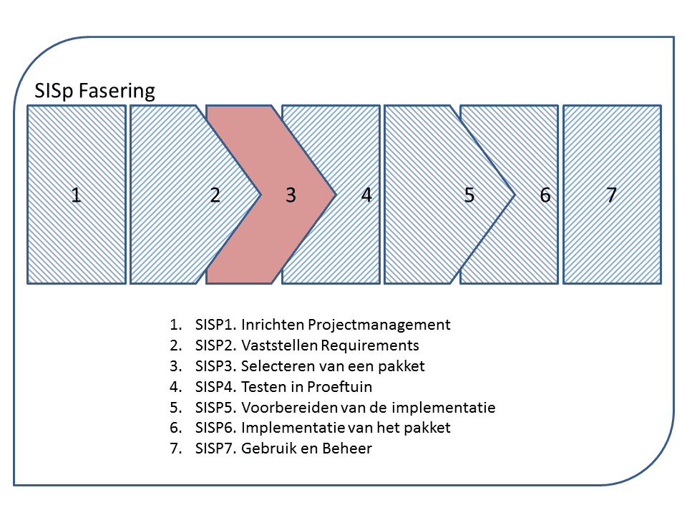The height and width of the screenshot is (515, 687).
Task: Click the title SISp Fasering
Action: [x=94, y=91]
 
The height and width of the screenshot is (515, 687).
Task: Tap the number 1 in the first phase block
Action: [x=76, y=195]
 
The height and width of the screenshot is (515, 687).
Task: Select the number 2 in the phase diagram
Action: [x=215, y=195]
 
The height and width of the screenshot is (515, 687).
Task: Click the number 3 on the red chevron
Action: [x=291, y=195]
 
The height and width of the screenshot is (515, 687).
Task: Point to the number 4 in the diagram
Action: [x=366, y=195]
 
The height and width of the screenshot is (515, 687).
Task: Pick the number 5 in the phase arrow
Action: [x=469, y=195]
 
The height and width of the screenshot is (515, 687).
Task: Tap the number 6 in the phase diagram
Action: [x=545, y=195]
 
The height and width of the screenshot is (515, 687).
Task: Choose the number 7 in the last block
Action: [x=611, y=195]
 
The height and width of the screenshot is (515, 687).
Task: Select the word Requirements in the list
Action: [x=370, y=345]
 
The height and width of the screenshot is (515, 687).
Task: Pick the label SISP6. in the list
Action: [x=215, y=428]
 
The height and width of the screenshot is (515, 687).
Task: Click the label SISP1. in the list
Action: [x=215, y=325]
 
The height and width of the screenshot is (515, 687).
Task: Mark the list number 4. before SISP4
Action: [x=176, y=387]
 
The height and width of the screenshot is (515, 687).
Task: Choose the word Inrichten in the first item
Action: [x=269, y=325]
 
